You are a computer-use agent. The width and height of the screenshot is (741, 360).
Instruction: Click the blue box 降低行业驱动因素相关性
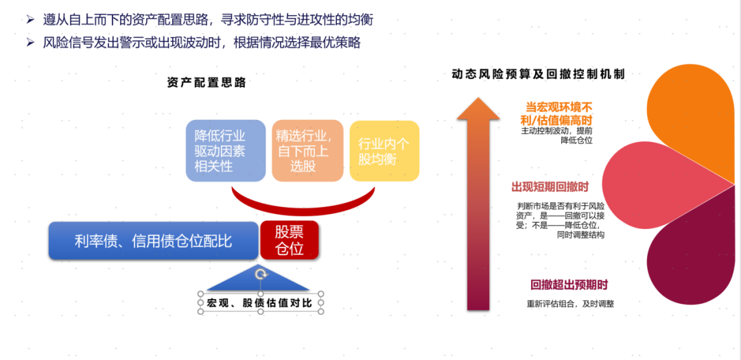[x=226, y=151]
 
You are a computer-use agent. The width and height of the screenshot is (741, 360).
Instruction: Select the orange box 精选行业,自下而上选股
[x=307, y=151]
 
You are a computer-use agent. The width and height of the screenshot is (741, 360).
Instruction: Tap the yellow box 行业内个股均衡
[x=384, y=151]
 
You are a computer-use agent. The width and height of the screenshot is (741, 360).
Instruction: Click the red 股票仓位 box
[x=290, y=240]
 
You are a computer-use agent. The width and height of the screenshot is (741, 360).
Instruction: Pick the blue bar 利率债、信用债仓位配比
[x=154, y=241]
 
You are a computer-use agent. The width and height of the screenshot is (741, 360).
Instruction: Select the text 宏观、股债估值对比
[x=259, y=303]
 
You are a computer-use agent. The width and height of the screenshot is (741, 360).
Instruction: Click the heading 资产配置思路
[x=207, y=83]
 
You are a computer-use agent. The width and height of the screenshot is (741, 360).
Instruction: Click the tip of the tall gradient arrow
[x=478, y=98]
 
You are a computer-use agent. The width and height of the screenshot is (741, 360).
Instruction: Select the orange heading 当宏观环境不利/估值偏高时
[x=559, y=113]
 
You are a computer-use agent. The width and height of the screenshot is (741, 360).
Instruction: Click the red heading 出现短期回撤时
[x=550, y=187]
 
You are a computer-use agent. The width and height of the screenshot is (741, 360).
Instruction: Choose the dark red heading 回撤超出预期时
[x=569, y=285]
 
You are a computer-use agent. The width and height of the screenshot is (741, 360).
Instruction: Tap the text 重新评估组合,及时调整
[x=570, y=304]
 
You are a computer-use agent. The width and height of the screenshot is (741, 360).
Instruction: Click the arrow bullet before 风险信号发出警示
[x=31, y=43]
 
